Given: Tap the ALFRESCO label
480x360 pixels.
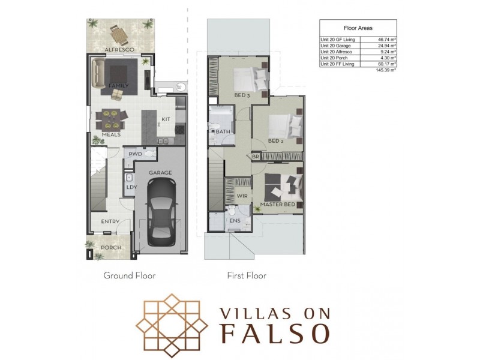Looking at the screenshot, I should click(119, 49).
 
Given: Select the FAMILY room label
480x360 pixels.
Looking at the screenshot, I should click(119, 86).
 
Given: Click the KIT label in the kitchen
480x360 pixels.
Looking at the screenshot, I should click(166, 119).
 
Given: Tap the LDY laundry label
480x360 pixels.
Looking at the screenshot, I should click(131, 187).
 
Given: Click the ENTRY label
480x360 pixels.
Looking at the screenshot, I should click(110, 221).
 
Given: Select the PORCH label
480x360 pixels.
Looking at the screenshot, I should click(111, 247).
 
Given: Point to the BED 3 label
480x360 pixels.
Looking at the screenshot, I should click(242, 95).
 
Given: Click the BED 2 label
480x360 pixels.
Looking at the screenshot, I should click(275, 142).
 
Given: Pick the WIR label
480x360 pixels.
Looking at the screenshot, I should click(242, 196).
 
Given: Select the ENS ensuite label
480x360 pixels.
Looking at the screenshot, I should click(235, 221).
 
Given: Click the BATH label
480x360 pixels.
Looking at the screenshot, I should click(223, 131).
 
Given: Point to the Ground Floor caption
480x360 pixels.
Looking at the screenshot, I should click(130, 276).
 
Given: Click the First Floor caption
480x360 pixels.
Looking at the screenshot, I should click(246, 276).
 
